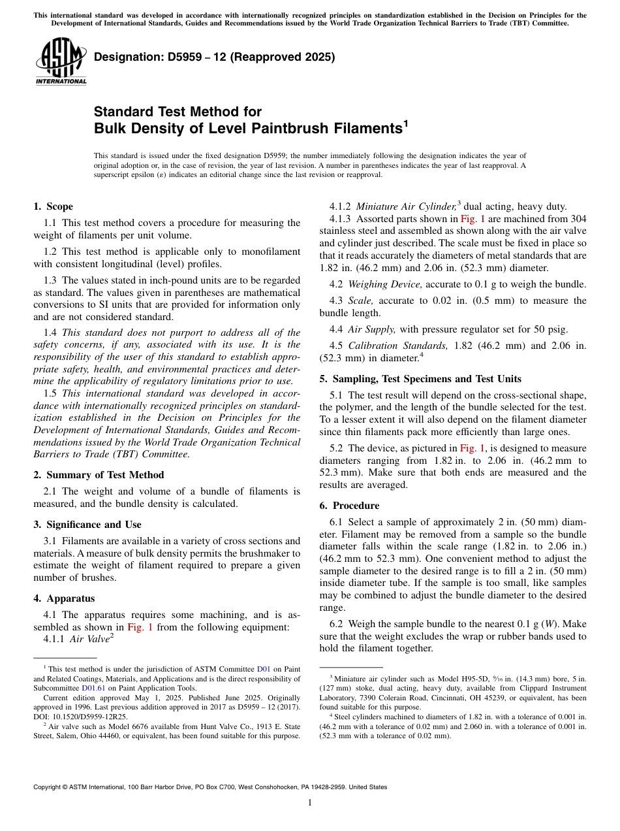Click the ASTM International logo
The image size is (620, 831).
pyautogui.click(x=61, y=62)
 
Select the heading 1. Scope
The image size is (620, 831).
pyautogui.click(x=54, y=206)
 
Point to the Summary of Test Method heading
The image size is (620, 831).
pyautogui.click(x=105, y=475)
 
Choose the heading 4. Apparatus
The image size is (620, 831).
pyautogui.click(x=64, y=598)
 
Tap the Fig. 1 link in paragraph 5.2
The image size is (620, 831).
pyautogui.click(x=472, y=448)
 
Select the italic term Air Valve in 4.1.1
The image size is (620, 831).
pyautogui.click(x=88, y=640)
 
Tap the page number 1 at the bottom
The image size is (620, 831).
pyautogui.click(x=310, y=803)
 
